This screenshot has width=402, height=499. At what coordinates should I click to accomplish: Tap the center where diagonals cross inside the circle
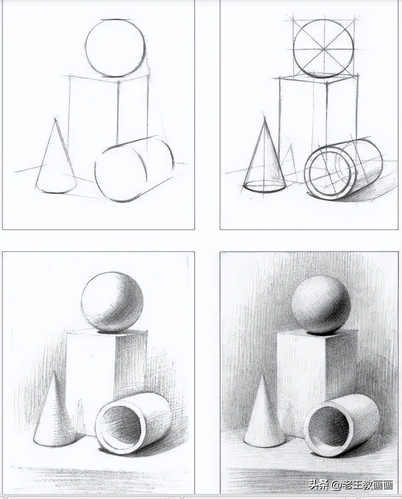[x=324, y=49]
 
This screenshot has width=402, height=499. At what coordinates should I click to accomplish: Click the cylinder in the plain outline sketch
[x=134, y=169]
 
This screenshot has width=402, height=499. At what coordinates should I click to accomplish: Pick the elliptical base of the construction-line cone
[x=264, y=186]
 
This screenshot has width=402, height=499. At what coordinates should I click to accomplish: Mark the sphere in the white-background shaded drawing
[x=112, y=302]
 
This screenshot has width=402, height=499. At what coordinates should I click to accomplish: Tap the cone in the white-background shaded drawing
[x=54, y=415]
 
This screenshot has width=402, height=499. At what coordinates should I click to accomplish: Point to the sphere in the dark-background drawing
[x=321, y=305]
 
